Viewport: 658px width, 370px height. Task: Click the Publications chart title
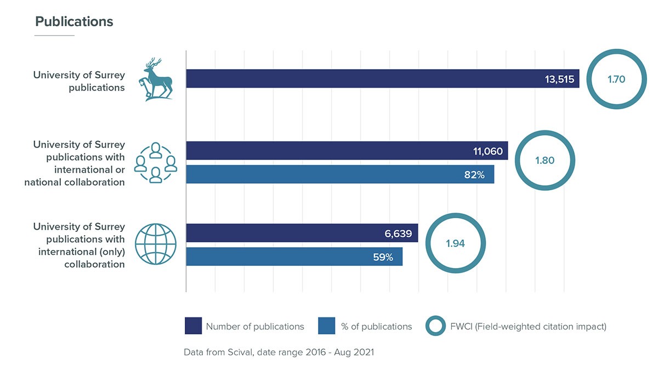(x=74, y=21)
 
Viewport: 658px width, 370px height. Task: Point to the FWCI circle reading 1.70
(x=616, y=79)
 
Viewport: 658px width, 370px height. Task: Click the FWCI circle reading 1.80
(x=544, y=161)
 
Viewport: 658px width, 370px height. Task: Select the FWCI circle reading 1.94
(x=455, y=243)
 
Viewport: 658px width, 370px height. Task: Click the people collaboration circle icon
(x=156, y=162)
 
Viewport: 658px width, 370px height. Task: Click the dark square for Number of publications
(x=193, y=326)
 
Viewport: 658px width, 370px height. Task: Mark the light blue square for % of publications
(x=326, y=326)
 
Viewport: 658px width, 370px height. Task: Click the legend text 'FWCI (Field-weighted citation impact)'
(x=527, y=327)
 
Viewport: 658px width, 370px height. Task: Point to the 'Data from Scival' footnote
(x=279, y=352)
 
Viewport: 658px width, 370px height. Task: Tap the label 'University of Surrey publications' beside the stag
(x=79, y=81)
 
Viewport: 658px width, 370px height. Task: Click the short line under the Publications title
(x=54, y=36)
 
